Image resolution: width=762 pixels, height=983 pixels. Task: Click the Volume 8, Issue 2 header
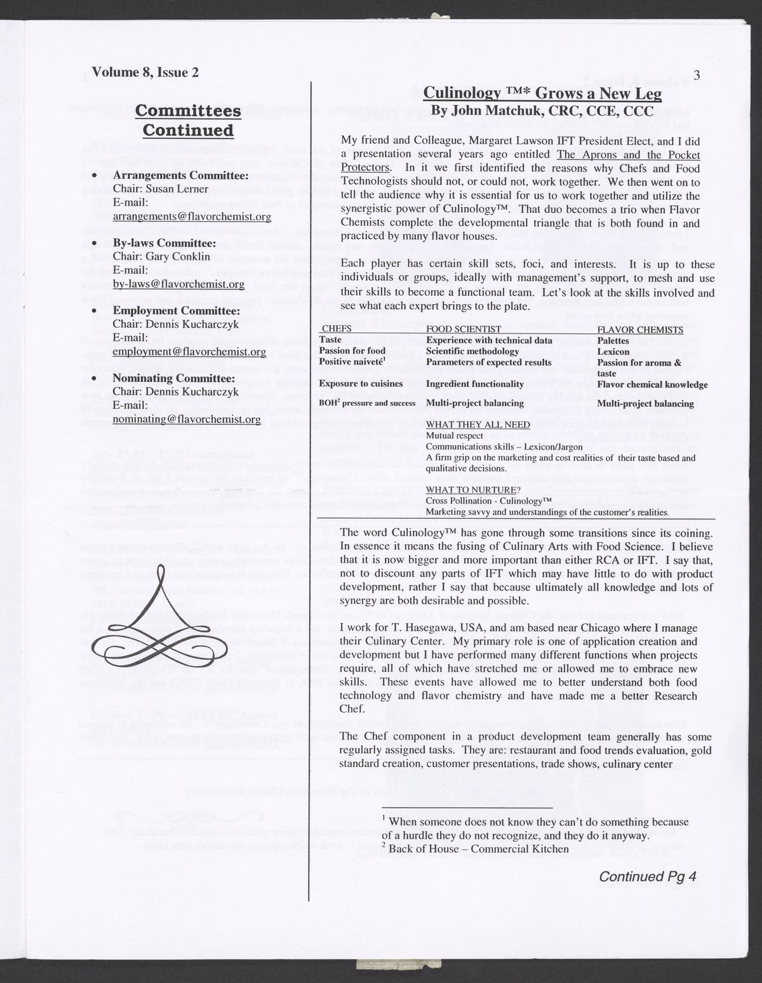click(x=145, y=72)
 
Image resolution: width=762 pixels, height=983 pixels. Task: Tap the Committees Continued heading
click(x=188, y=120)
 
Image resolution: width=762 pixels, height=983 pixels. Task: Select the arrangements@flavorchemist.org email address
click(x=192, y=217)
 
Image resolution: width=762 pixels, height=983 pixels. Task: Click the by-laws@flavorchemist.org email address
click(x=178, y=284)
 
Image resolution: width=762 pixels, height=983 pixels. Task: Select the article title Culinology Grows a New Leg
click(x=542, y=94)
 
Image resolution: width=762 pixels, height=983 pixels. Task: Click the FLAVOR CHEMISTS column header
click(x=640, y=330)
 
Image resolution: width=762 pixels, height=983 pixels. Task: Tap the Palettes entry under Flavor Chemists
click(x=613, y=341)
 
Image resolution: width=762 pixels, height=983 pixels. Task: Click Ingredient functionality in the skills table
click(x=474, y=384)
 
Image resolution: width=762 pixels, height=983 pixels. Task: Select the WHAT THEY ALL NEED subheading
click(x=466, y=425)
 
